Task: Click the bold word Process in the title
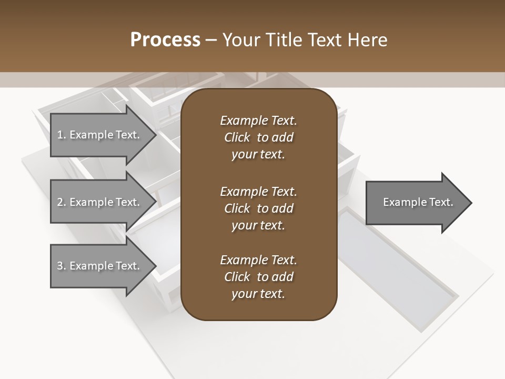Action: click(165, 40)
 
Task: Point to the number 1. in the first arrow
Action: click(62, 135)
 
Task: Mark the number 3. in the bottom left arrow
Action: click(62, 266)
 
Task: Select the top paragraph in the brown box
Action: click(258, 137)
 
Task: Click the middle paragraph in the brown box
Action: click(258, 208)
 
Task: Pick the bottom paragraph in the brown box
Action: click(258, 277)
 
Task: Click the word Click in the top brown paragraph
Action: click(237, 137)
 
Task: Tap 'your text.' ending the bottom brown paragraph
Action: click(258, 294)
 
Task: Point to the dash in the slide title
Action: click(211, 41)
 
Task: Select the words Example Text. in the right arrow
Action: click(418, 202)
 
